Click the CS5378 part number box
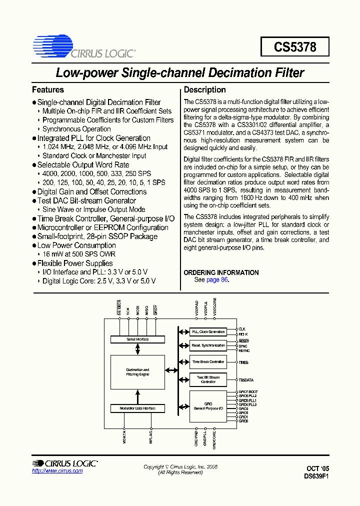pyautogui.click(x=295, y=47)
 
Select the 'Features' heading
pyautogui.click(x=48, y=90)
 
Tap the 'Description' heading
pyautogui.click(x=205, y=90)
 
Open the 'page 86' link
pyautogui.click(x=217, y=280)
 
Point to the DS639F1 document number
pyautogui.click(x=316, y=476)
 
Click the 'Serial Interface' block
pyautogui.click(x=137, y=339)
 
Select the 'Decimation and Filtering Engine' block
pyautogui.click(x=137, y=372)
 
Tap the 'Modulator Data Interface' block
pyautogui.click(x=137, y=408)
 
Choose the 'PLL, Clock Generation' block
pyautogui.click(x=208, y=332)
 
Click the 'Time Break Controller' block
pyautogui.click(x=208, y=361)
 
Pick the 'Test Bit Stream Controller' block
pyautogui.click(x=208, y=379)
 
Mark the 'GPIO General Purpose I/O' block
pyautogui.click(x=208, y=406)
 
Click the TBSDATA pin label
pyautogui.click(x=246, y=380)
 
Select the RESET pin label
pyautogui.click(x=243, y=341)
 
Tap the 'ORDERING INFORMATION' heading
pyautogui.click(x=221, y=272)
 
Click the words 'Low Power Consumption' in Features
pyautogui.click(x=76, y=245)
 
